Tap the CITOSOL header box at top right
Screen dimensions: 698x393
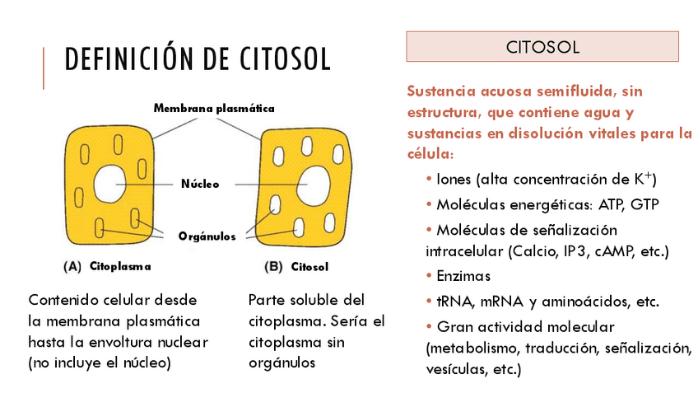542,47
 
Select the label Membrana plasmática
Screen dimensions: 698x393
213,108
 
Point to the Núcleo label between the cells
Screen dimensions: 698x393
200,184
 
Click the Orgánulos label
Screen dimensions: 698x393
207,236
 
